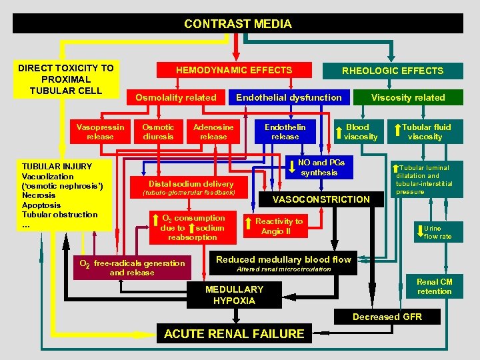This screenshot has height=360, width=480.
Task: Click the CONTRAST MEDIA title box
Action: click(x=238, y=24)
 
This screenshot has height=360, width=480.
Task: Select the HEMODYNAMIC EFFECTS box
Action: click(x=233, y=70)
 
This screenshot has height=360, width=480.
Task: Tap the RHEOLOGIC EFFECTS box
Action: click(x=392, y=71)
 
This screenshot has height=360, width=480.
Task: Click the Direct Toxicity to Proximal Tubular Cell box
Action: click(x=65, y=79)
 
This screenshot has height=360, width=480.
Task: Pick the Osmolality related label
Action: click(x=176, y=97)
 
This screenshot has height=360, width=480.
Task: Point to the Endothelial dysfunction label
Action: click(x=289, y=97)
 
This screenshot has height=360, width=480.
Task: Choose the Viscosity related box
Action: click(x=408, y=97)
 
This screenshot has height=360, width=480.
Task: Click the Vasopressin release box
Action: click(x=95, y=131)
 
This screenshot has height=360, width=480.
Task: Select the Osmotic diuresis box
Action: click(x=159, y=131)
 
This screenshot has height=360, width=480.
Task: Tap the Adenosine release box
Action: click(x=213, y=131)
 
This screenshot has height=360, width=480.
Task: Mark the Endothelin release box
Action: click(x=285, y=131)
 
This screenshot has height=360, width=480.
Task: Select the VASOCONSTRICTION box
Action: click(x=321, y=199)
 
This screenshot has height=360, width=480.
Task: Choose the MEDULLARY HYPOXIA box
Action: click(x=234, y=295)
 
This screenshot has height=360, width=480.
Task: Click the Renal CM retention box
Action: click(x=434, y=287)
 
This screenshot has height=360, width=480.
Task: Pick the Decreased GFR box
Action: click(x=387, y=317)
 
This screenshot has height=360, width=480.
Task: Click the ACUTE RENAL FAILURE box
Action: click(x=234, y=333)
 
